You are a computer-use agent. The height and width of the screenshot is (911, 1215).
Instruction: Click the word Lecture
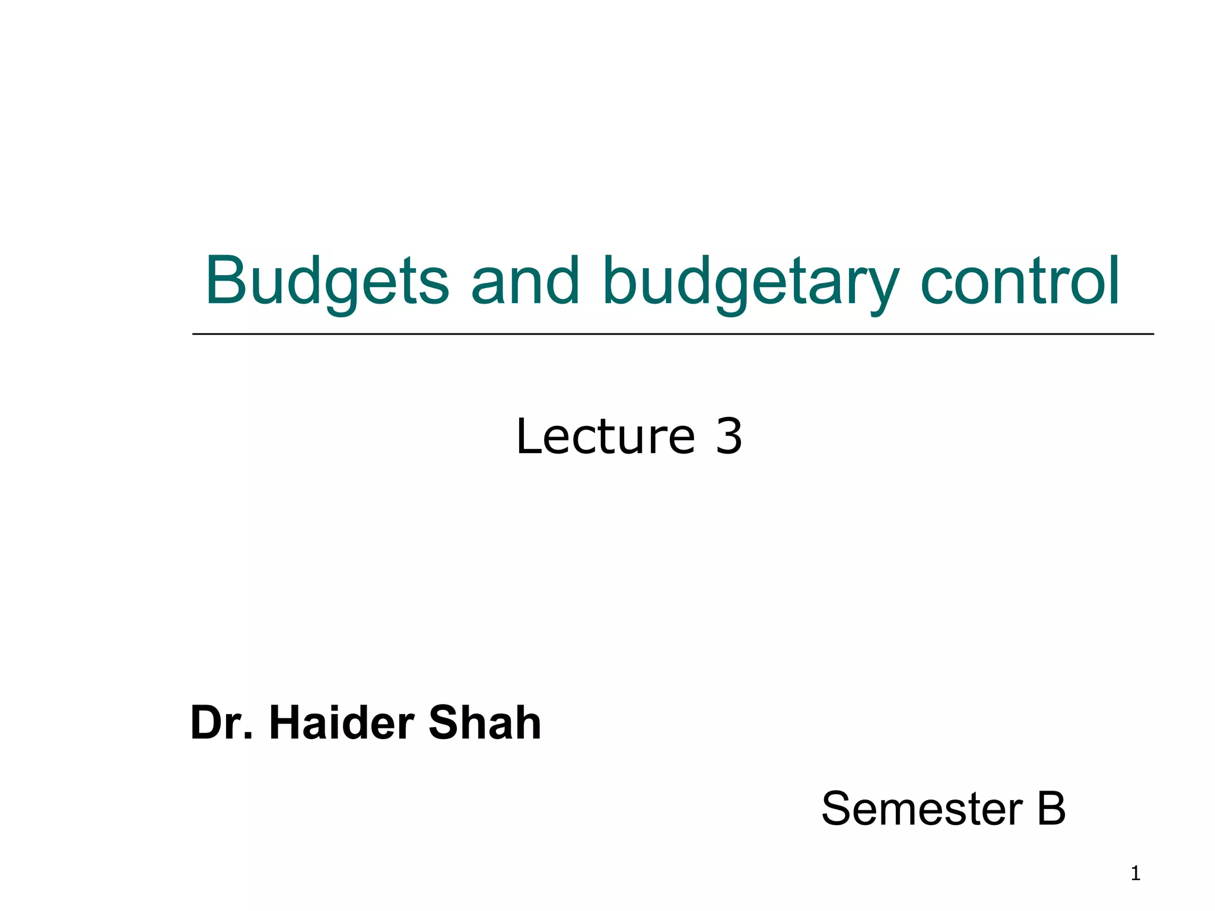[605, 437]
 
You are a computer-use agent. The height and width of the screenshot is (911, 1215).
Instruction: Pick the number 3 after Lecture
[729, 437]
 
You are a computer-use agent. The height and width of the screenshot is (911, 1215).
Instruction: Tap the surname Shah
[485, 723]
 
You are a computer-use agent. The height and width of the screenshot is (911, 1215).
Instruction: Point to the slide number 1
[1136, 874]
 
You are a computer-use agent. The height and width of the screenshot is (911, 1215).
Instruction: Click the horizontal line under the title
[673, 335]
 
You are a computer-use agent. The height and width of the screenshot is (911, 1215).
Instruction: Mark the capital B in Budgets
[227, 281]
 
